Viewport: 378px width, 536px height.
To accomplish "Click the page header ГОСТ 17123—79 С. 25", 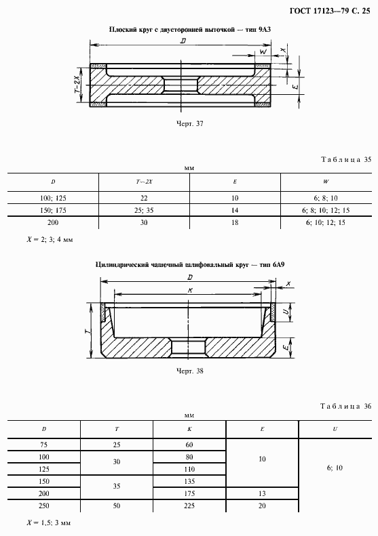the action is pos(330,11).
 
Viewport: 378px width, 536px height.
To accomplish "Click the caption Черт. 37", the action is pos(190,124).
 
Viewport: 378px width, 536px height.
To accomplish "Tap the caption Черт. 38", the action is pos(190,371).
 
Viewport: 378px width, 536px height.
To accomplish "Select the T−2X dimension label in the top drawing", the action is pos(78,85).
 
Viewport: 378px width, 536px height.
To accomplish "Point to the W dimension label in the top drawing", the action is pos(263,51).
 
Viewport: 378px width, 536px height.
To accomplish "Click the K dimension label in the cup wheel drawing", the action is pos(190,290).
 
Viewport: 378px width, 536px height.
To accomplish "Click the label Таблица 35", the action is pos(346,160).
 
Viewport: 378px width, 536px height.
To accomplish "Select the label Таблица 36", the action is pos(346,406).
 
